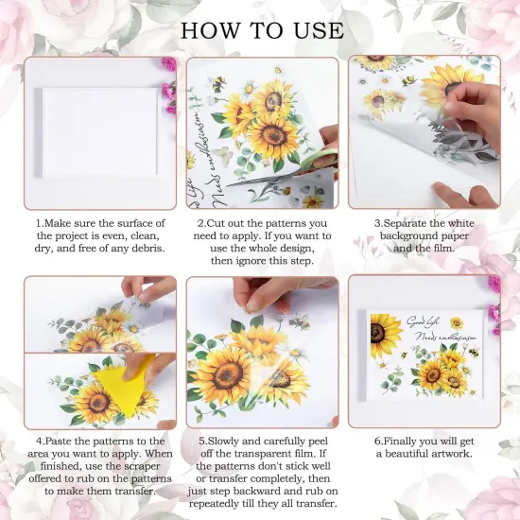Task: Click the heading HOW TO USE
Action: pyautogui.click(x=260, y=28)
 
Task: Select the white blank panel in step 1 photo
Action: pyautogui.click(x=99, y=131)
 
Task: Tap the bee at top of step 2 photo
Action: pyautogui.click(x=219, y=85)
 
